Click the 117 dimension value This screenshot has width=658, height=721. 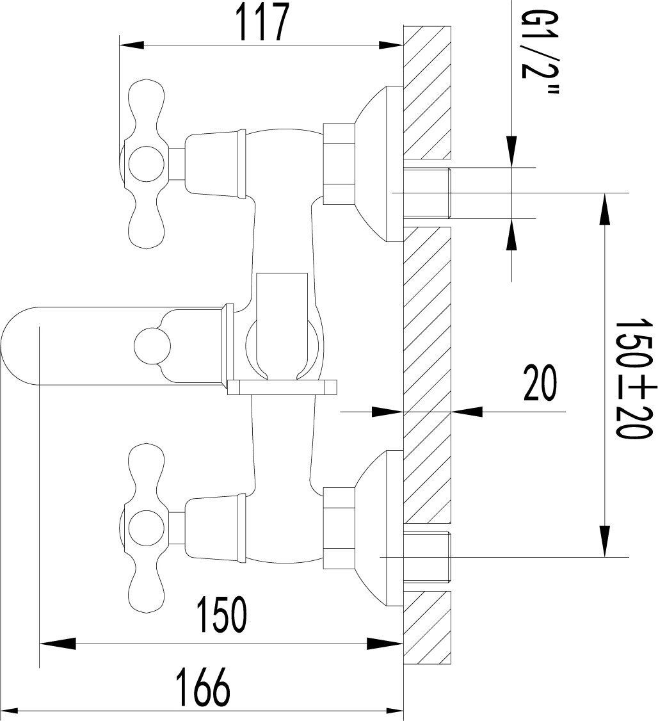pos(261,24)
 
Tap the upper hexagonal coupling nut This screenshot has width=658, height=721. pos(339,164)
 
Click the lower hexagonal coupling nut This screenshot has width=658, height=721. pos(339,528)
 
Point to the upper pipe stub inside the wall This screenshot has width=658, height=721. pos(428,192)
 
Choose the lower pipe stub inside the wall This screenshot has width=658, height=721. pos(428,556)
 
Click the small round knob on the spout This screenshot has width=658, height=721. pos(154,345)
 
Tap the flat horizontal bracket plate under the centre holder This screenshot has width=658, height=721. pos(282,387)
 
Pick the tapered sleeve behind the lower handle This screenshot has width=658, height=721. pos(214,526)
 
